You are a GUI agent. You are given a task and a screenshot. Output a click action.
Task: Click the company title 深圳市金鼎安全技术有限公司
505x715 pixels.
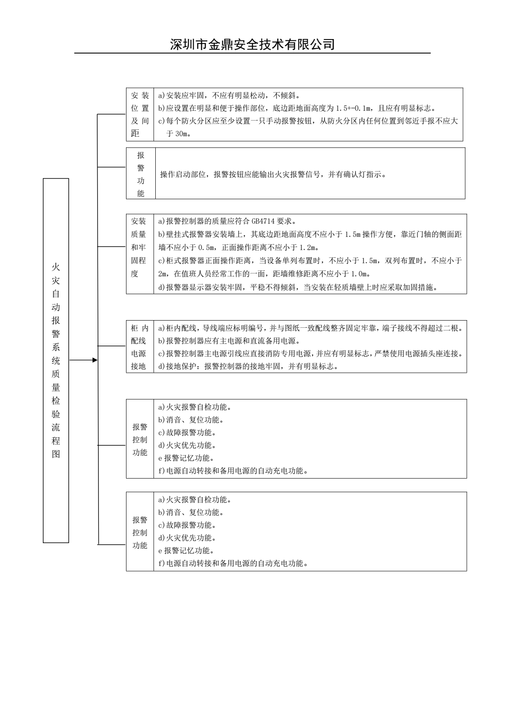coord(252,44)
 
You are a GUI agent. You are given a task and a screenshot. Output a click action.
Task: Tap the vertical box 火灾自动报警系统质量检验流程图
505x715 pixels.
coord(56,360)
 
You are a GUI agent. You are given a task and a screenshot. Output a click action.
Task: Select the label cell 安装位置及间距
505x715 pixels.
coord(140,115)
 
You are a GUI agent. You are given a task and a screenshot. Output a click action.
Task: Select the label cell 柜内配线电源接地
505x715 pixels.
coord(139,347)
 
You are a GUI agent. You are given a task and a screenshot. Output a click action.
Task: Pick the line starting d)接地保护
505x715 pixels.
coord(248,366)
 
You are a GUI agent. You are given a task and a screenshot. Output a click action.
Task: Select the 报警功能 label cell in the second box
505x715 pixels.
coord(141,174)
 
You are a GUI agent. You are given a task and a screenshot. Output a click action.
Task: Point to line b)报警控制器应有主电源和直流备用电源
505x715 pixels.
coord(229,341)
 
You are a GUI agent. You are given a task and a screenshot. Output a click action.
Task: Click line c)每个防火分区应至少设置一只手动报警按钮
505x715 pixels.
coord(308,121)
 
